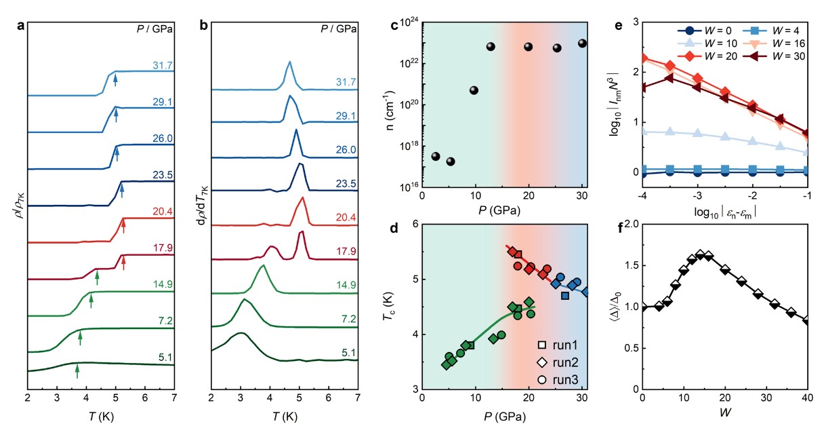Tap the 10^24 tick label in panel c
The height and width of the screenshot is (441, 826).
coord(405,22)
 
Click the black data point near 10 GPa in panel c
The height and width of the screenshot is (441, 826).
coord(474,90)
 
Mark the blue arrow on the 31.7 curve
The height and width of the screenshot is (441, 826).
coord(115,81)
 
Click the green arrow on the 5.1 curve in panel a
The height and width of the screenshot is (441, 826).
coord(77,370)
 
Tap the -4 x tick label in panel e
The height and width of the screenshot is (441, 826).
coord(641,195)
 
